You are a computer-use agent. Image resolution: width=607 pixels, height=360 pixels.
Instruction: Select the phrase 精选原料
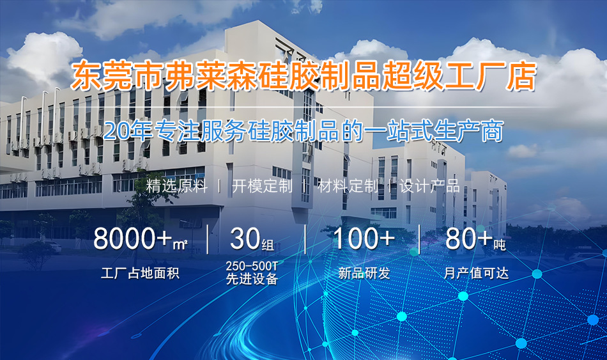coord(177,186)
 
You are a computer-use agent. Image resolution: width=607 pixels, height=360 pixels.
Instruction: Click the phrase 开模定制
coord(262,186)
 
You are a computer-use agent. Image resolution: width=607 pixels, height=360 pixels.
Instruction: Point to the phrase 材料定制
coord(348,186)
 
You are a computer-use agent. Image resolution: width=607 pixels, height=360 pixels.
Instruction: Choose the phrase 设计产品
coord(429,186)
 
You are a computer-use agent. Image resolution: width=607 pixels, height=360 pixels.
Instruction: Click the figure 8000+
coord(132,239)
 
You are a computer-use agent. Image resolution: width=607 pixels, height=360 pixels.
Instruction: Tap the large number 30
coord(245,239)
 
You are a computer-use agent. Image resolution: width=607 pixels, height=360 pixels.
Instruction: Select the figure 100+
coord(364,239)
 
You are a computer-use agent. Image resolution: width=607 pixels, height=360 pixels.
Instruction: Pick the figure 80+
coord(469,239)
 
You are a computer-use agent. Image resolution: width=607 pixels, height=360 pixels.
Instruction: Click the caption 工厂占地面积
coord(140,273)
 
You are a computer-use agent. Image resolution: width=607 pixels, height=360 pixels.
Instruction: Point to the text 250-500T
coord(252,266)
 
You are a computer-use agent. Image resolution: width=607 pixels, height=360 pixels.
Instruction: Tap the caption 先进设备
coord(252,279)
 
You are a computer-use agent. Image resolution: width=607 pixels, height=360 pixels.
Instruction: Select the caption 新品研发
coord(364,273)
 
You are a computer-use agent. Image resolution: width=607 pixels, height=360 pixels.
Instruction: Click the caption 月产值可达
coord(476,273)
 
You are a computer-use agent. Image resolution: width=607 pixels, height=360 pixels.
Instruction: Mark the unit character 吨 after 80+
coord(500,244)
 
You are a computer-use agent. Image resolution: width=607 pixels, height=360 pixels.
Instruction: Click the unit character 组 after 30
coord(268,244)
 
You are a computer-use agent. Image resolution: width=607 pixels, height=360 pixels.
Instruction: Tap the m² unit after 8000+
coord(180,244)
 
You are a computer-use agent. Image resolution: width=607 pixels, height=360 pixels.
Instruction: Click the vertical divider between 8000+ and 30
coord(208,239)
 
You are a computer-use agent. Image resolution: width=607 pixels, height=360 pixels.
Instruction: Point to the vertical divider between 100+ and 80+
coord(420,239)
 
